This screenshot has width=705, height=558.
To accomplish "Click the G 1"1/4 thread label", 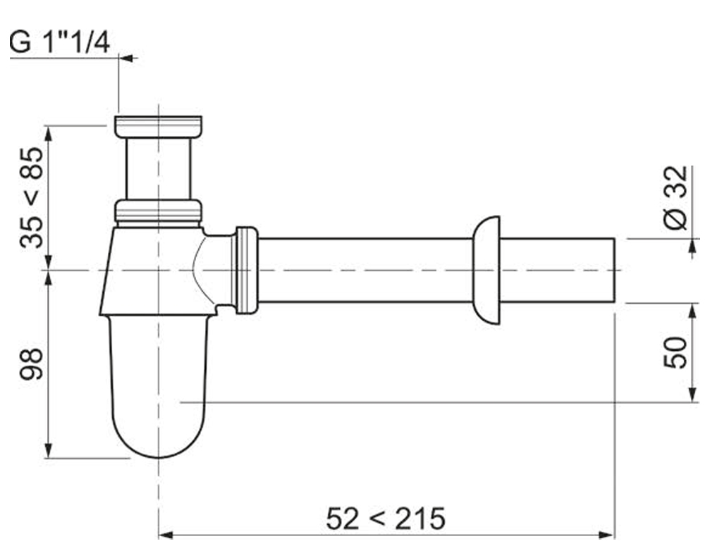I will [x=61, y=43].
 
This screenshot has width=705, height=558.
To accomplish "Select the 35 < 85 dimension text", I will [x=32, y=197].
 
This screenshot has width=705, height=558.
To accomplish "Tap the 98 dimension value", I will [x=32, y=364].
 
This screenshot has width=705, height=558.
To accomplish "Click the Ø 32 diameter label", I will [x=675, y=197].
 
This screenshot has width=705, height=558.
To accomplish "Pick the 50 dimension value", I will [x=675, y=352].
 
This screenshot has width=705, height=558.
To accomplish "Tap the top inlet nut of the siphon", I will [x=158, y=127].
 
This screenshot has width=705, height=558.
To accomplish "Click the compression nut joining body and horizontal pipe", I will [x=246, y=270].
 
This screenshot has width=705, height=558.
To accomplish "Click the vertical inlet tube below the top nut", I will [x=158, y=168].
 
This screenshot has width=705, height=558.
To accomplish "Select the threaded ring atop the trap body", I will [x=158, y=212].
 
